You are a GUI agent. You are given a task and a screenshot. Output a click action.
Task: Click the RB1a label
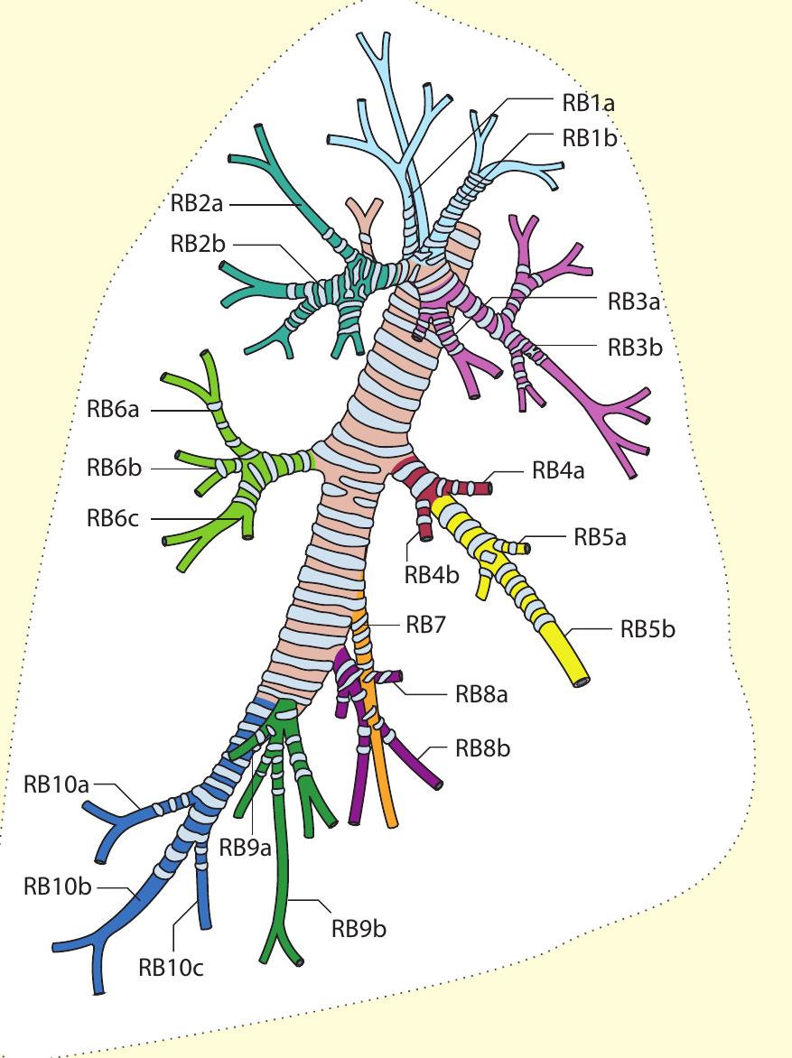coord(588,102)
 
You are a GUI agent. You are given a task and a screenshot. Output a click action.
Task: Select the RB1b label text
coord(588,137)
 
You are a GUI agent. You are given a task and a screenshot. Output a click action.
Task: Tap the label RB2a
coord(196,204)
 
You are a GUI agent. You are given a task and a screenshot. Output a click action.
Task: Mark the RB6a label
coord(113,410)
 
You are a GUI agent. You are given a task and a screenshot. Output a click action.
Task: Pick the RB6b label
coord(113,468)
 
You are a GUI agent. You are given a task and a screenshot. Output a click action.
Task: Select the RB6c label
coord(113,518)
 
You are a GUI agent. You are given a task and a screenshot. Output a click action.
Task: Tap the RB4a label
coord(558,470)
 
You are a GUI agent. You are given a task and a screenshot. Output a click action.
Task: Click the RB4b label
coord(432,573)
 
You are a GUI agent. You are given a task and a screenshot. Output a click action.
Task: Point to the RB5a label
coord(600,538)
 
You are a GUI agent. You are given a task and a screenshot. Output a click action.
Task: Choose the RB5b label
coord(648,629)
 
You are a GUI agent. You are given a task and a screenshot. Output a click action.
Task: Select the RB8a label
coord(482,694)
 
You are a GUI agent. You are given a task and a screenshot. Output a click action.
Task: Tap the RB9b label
coord(359,928)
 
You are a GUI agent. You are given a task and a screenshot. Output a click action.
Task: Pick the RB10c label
coord(172,968)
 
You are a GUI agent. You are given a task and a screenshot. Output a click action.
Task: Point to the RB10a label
coord(56,784)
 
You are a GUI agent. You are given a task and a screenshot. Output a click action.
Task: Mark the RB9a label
coord(246,849)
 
